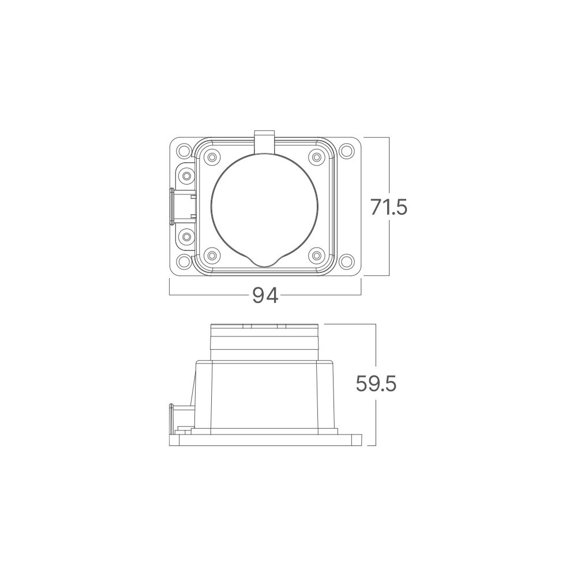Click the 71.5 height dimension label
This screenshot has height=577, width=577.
click(389, 207)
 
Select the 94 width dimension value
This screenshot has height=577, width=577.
click(265, 295)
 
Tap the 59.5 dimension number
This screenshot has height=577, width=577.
click(376, 384)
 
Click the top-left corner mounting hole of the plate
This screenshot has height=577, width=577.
click(184, 151)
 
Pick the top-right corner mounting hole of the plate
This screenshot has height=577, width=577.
click(346, 151)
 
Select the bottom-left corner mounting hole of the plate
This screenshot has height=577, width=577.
click(184, 263)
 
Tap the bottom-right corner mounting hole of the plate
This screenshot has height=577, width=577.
click(346, 263)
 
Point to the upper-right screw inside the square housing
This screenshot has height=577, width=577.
click(316, 157)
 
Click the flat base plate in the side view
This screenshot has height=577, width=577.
click(264, 440)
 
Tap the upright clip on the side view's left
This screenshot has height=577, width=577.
click(171, 417)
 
